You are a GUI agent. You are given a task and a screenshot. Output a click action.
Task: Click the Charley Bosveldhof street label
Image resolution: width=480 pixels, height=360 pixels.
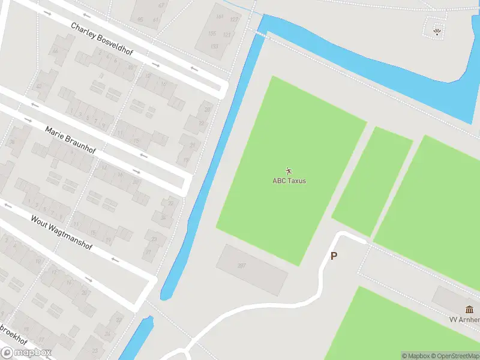click(x=101, y=40)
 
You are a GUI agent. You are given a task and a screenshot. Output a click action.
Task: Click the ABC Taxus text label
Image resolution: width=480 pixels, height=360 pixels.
click(x=289, y=181)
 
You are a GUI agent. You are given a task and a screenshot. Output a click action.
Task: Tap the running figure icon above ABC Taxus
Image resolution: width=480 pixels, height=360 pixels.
click(x=289, y=171)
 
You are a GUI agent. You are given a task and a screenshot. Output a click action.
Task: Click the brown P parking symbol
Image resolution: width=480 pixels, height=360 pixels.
click(x=334, y=256)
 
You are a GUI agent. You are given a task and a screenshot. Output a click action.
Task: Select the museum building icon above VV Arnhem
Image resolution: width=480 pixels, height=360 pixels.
click(x=469, y=310)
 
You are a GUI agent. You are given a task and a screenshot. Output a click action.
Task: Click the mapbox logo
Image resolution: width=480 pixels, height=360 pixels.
click(x=27, y=353)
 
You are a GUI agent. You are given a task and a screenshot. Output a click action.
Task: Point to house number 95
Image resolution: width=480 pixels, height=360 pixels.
click(x=140, y=20)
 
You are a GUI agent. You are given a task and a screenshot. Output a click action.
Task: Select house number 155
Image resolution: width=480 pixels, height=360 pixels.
click(x=212, y=34)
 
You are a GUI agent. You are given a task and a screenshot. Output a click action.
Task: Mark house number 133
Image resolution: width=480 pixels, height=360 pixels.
click(x=227, y=35)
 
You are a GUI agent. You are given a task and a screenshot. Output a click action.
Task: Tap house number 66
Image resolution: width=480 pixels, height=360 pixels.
click(x=55, y=51)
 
